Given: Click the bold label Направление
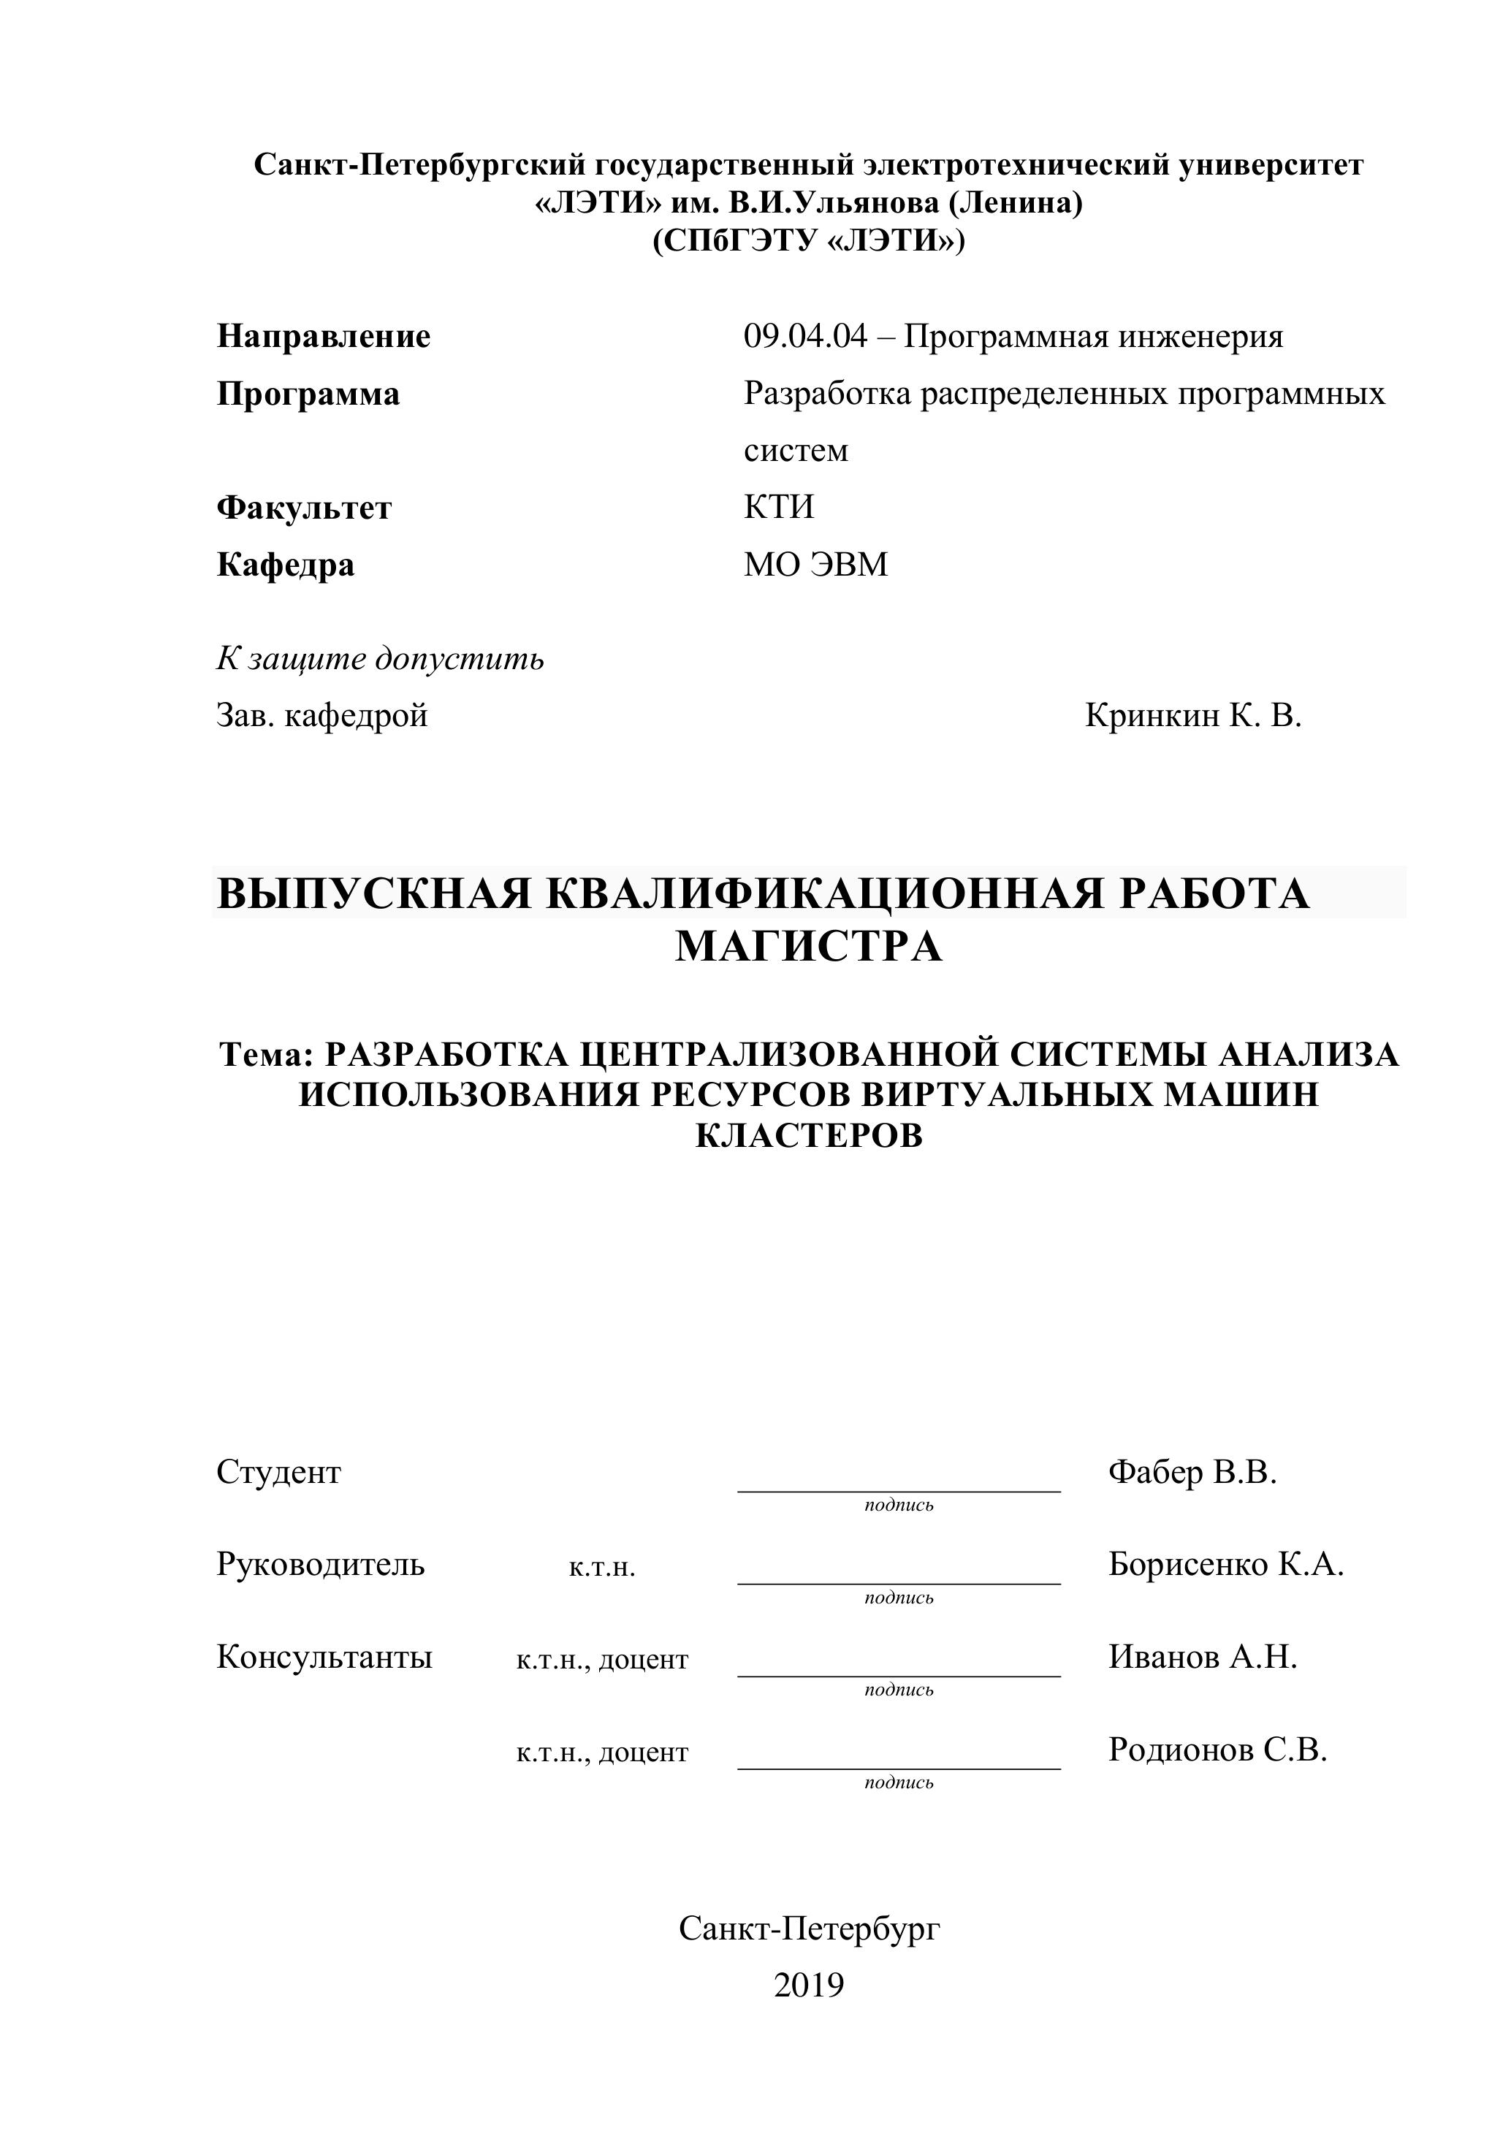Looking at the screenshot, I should pos(323,337).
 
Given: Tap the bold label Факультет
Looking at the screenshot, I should pos(303,508).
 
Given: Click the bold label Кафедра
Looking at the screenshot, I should pos(285,565).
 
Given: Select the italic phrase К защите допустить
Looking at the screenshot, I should pos(380,659).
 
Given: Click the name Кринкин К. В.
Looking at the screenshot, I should pos(1192,715).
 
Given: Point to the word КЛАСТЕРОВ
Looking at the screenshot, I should pos(809,1136).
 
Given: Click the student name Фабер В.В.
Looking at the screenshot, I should pos(1192,1472).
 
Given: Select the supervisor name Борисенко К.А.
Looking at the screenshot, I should pos(1225,1564).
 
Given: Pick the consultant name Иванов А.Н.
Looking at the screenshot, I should pos(1202,1656).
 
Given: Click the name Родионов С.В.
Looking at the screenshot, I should pos(1217,1749).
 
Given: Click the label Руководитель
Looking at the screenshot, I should pos(320,1564).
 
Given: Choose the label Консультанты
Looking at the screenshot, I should pos(324,1656).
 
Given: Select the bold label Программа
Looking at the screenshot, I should pos(308,394).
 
